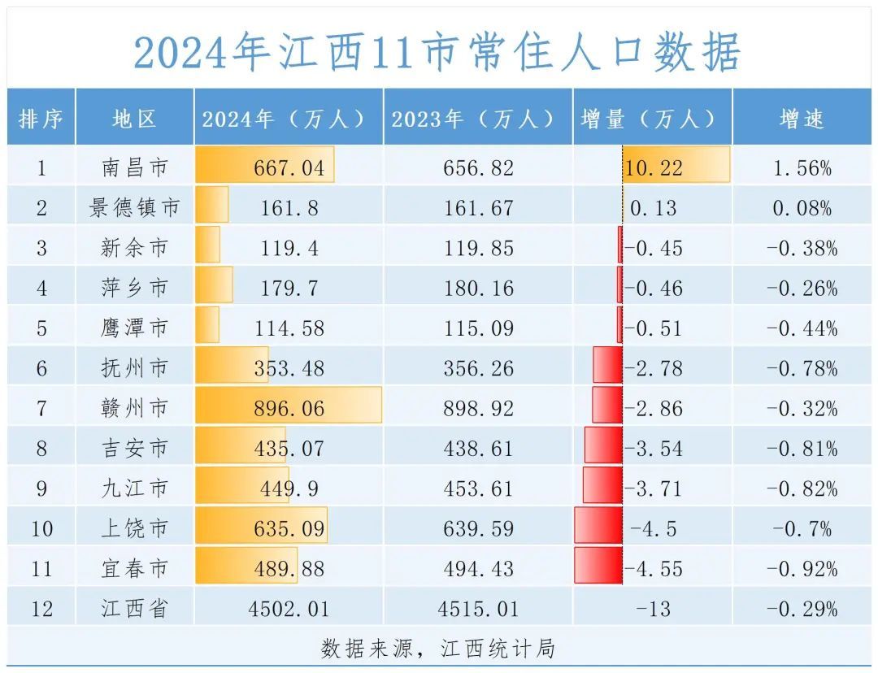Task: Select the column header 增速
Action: (x=802, y=119)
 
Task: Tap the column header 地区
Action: (x=134, y=119)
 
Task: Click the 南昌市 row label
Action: (x=134, y=168)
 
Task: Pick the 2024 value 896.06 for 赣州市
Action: (x=288, y=408)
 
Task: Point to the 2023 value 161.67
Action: (x=478, y=208)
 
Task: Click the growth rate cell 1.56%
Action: (x=802, y=168)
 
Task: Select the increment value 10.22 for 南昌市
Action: (x=654, y=168)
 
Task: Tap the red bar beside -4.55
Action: (x=598, y=566)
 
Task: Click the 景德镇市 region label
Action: (x=134, y=208)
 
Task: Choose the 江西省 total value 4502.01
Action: (x=288, y=609)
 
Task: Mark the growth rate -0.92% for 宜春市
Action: (x=802, y=568)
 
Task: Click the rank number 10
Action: (x=41, y=529)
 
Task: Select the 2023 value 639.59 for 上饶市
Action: (x=478, y=529)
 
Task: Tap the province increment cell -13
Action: (x=654, y=609)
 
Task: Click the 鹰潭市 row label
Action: (x=134, y=328)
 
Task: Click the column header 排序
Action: (x=41, y=119)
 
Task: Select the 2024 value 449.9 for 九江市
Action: (x=288, y=488)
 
